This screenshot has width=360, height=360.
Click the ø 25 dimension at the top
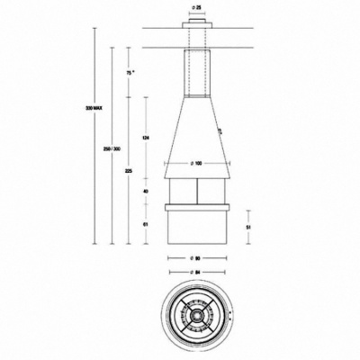[x=196, y=7]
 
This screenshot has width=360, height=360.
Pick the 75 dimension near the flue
[x=130, y=72]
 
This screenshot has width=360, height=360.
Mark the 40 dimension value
[x=146, y=192]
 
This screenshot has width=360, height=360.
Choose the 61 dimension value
[x=146, y=224]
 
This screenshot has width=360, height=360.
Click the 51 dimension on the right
[x=248, y=229]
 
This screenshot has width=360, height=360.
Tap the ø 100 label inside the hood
[x=196, y=163]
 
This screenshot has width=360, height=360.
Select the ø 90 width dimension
[x=196, y=259]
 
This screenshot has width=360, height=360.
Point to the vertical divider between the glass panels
[x=196, y=191]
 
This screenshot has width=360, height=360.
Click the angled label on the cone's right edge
[x=219, y=131]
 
